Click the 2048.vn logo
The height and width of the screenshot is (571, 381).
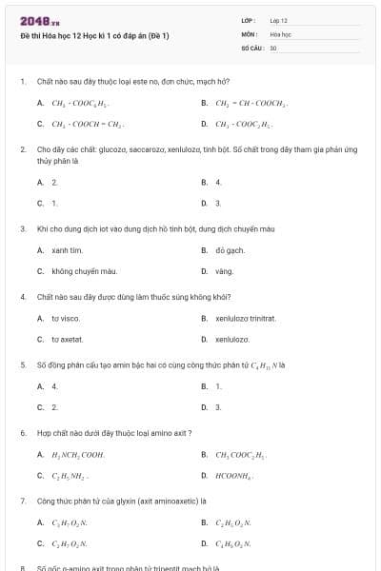(x=39, y=20)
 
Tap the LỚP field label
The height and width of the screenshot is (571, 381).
(x=249, y=20)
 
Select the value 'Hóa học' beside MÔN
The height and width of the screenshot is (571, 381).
(x=279, y=33)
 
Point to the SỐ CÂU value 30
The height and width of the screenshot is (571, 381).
(x=273, y=47)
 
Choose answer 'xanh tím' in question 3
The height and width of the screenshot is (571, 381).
(x=67, y=250)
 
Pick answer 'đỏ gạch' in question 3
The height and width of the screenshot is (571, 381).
(x=230, y=250)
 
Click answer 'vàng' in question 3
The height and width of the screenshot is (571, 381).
(x=224, y=271)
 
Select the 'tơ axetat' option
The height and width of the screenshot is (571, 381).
(x=67, y=339)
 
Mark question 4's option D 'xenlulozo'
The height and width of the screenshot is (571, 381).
(x=231, y=339)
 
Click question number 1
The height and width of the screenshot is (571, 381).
(x=22, y=82)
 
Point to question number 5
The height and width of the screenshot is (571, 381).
(x=22, y=364)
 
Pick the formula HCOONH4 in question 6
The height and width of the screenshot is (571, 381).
(x=234, y=475)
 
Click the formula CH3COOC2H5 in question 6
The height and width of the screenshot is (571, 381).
(x=241, y=454)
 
